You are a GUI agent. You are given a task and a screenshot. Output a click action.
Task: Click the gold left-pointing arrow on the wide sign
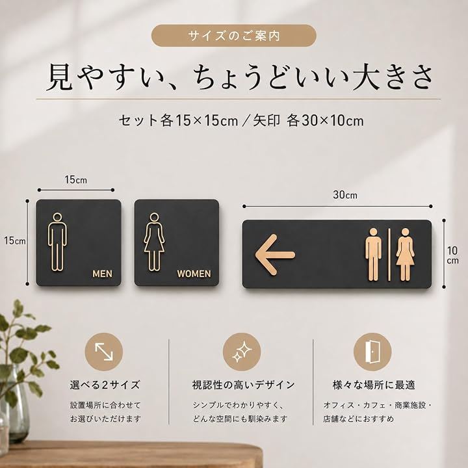274,255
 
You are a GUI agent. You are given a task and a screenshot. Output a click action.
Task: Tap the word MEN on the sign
103,274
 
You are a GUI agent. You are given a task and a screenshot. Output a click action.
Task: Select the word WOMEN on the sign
194,274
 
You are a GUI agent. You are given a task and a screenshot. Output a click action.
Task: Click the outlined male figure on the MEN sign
57,242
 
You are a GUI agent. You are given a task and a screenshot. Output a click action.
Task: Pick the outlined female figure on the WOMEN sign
154,242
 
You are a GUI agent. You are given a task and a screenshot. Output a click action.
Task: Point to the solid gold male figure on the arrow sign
373,255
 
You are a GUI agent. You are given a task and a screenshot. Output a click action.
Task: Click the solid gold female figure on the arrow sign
405,255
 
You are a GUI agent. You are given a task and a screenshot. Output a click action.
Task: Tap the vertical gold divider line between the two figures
389,255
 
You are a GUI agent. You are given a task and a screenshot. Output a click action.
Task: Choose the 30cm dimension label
345,195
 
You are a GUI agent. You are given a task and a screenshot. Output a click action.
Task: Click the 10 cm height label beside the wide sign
452,255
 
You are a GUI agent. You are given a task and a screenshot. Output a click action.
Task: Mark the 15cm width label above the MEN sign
76,179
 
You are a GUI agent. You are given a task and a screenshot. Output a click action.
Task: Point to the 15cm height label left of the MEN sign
14,240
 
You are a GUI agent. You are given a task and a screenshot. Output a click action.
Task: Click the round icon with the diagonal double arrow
104,352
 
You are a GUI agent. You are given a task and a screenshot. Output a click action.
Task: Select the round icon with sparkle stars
242,352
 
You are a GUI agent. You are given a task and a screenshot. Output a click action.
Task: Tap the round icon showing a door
372,352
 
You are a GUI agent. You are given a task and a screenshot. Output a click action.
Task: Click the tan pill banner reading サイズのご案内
234,36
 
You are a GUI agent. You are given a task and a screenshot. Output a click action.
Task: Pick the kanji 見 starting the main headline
60,77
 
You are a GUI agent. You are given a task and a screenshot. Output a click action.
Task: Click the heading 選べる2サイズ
105,385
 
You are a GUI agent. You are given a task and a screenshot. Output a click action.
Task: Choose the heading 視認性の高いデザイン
243,385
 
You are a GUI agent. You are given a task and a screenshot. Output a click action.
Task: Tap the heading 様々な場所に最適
374,385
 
